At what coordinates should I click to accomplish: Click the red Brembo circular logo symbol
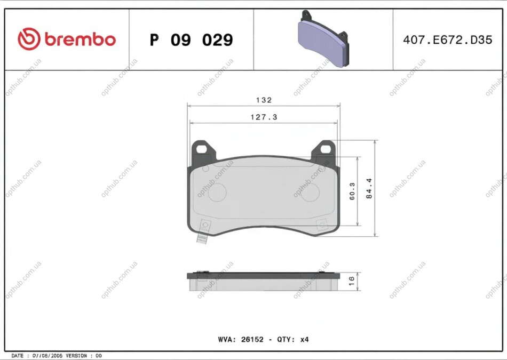point(29,39)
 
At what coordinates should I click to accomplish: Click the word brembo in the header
point(80,39)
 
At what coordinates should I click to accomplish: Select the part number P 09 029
point(192,40)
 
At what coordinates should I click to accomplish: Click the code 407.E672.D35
point(448,40)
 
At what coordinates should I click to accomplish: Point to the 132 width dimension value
point(264,100)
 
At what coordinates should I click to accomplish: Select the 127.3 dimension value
point(264,117)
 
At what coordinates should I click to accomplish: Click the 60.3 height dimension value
point(352,191)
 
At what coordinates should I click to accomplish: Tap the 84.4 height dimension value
point(369,188)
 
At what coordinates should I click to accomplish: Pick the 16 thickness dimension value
point(352,280)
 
